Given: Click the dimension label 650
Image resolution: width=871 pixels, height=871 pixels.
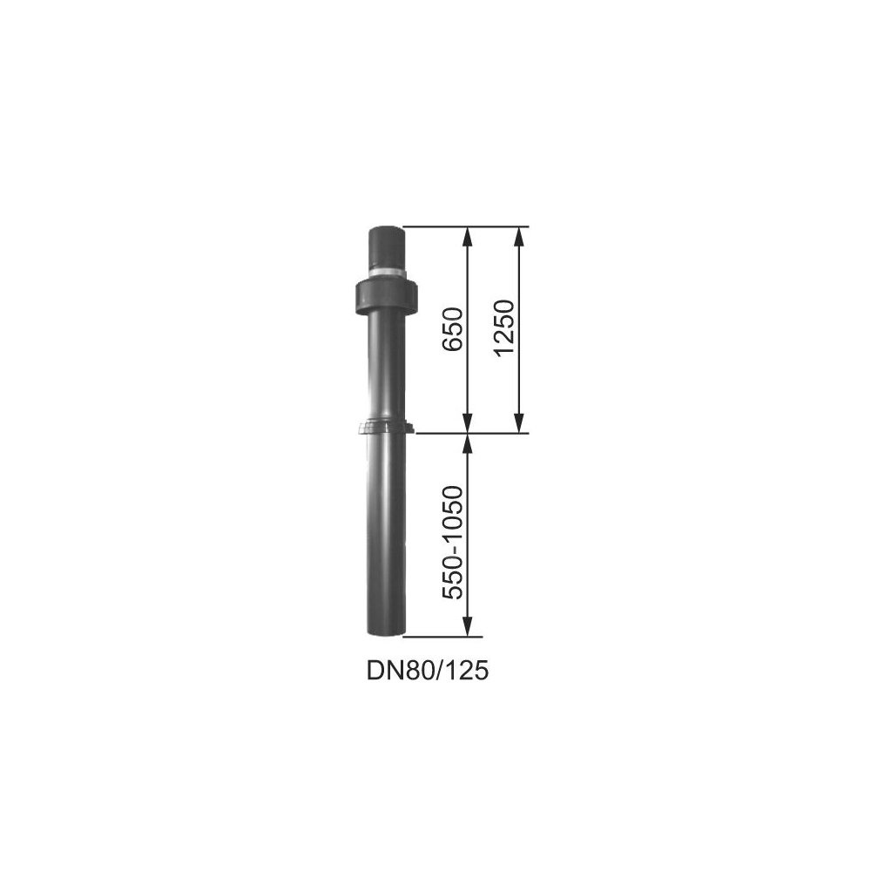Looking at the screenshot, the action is click(452, 328).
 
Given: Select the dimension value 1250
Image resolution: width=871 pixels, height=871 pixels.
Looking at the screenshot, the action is click(504, 328).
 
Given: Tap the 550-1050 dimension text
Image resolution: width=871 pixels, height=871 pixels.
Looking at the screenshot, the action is click(452, 543).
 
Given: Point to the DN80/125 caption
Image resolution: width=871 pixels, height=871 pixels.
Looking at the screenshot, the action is click(427, 671).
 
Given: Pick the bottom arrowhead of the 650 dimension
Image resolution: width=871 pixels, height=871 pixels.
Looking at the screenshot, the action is click(468, 423).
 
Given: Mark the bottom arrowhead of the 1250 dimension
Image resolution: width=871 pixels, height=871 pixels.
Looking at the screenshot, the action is click(519, 423).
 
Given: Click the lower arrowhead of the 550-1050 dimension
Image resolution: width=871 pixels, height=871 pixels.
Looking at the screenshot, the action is click(468, 627).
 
